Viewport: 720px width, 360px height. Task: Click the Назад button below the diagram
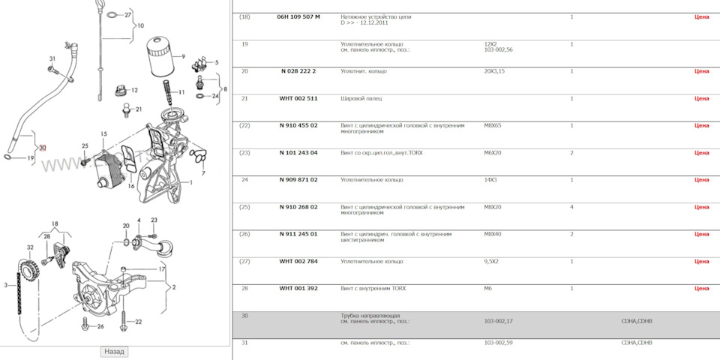tap(114, 352)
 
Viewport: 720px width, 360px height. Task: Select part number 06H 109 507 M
tap(298, 16)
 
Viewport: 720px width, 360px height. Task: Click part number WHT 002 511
tap(298, 98)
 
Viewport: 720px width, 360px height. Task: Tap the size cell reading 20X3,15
tap(494, 71)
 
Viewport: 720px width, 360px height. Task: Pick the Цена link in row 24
tap(702, 179)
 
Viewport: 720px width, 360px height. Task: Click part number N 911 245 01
tap(298, 234)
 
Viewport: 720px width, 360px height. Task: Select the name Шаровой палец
tap(361, 98)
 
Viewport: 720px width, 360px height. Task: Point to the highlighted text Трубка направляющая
tap(370, 316)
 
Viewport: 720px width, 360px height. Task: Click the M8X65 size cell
tap(493, 125)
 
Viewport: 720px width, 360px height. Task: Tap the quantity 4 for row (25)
tap(571, 207)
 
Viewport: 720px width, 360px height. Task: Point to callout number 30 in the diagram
tap(43, 148)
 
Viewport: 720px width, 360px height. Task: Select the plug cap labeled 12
tap(119, 90)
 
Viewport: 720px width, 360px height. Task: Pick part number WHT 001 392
tap(298, 288)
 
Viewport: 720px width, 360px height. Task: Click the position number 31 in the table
tap(244, 343)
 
